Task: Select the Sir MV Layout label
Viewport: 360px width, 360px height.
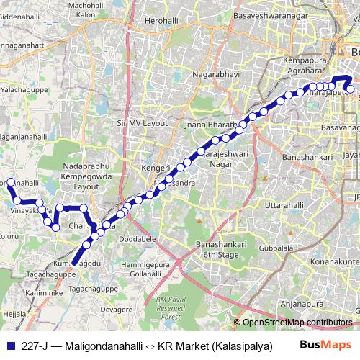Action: click(142, 124)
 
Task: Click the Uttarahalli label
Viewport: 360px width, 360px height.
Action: click(286, 186)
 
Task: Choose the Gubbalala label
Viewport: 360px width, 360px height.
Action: click(298, 248)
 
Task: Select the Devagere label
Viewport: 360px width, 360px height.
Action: click(116, 309)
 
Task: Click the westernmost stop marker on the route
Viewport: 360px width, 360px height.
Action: click(11, 163)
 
